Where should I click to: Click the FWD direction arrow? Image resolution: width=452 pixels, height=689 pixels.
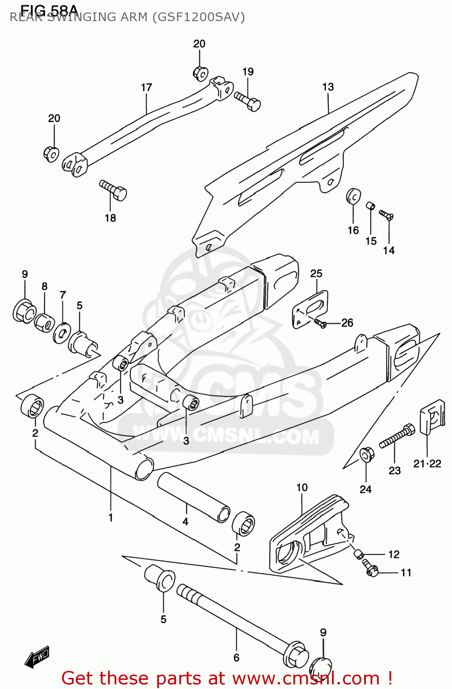(x=37, y=657)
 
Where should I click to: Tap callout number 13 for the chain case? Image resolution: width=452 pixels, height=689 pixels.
(x=328, y=87)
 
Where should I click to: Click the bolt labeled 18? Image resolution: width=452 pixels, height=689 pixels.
(x=113, y=190)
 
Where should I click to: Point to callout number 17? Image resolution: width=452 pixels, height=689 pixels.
(x=146, y=87)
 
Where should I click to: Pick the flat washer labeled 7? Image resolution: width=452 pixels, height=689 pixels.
(x=61, y=333)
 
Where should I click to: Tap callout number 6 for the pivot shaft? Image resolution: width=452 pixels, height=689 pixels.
(x=236, y=657)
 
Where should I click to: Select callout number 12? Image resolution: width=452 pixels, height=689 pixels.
(x=394, y=554)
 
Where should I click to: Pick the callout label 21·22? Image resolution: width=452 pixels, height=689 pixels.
(x=427, y=464)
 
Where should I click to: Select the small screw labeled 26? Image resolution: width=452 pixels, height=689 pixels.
(x=320, y=324)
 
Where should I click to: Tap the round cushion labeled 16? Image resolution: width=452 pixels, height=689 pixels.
(x=353, y=196)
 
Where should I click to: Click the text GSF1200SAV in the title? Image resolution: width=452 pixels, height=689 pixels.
(x=199, y=17)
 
